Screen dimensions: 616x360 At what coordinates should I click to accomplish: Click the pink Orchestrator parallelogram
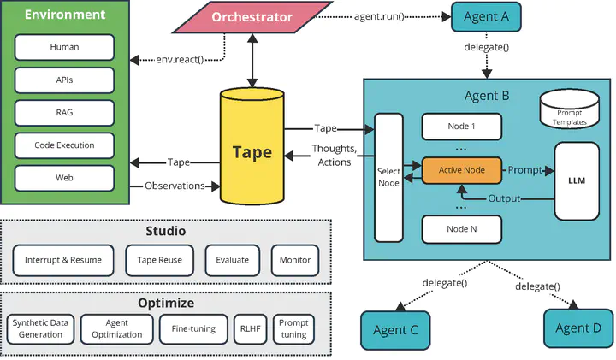click(x=252, y=17)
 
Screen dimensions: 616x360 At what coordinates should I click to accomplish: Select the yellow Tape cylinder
click(x=252, y=146)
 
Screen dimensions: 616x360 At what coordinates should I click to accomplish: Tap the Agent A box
click(x=486, y=17)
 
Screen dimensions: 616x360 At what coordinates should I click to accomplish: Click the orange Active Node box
click(x=462, y=170)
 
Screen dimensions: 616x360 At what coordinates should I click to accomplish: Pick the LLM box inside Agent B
click(x=577, y=181)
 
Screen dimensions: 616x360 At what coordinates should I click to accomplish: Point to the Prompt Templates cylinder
click(x=570, y=109)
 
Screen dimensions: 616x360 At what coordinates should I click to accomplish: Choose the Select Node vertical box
click(x=388, y=178)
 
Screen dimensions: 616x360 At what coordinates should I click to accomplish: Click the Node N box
click(x=462, y=229)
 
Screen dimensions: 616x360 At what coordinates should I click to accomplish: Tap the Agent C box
click(x=395, y=330)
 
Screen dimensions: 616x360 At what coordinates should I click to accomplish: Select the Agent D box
click(x=578, y=328)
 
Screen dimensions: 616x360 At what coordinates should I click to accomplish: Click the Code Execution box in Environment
click(x=64, y=145)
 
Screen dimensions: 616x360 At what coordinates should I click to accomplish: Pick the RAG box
click(x=64, y=113)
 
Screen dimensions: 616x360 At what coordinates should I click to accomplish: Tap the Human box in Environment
click(x=64, y=47)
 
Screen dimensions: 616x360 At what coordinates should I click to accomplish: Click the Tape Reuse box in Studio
click(x=159, y=260)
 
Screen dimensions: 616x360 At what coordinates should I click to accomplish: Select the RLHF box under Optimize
click(x=250, y=329)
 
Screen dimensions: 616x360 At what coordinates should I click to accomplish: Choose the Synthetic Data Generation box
click(x=40, y=329)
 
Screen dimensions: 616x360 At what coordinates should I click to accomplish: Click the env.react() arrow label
click(x=180, y=60)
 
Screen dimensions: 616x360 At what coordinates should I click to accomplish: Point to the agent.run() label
click(x=379, y=17)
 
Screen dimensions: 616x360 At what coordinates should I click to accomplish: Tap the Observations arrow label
click(x=175, y=186)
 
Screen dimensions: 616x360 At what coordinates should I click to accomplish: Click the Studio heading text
click(x=166, y=231)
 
